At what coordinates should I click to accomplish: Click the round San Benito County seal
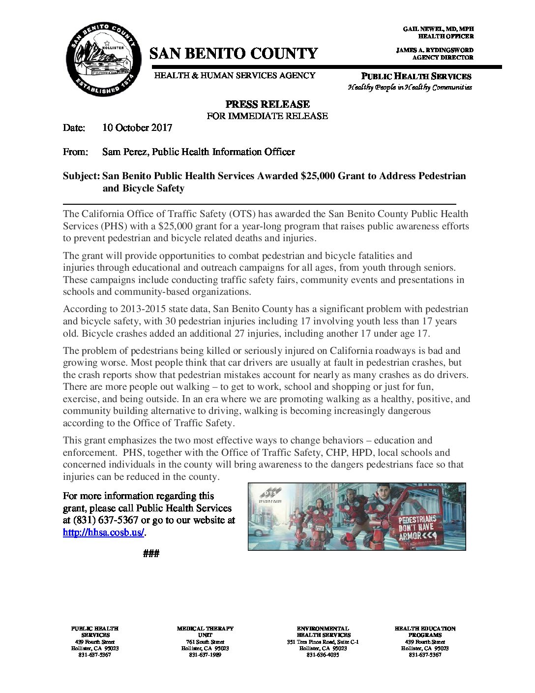click(103, 60)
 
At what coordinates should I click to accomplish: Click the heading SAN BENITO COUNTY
click(234, 54)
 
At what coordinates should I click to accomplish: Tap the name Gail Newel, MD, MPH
click(438, 29)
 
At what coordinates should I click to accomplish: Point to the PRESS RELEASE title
click(267, 104)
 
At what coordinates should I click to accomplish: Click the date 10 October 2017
click(137, 128)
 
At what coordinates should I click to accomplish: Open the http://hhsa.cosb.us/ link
click(103, 533)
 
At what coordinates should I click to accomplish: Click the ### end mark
click(151, 554)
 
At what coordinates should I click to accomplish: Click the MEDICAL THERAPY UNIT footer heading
click(205, 631)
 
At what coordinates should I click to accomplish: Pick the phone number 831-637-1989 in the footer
click(205, 655)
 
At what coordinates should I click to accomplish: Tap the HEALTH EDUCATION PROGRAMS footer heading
click(425, 631)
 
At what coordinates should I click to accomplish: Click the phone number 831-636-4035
click(323, 655)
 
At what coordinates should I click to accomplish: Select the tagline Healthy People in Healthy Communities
click(410, 88)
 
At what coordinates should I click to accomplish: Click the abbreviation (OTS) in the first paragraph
click(241, 214)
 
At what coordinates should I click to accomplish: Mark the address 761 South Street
click(205, 642)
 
